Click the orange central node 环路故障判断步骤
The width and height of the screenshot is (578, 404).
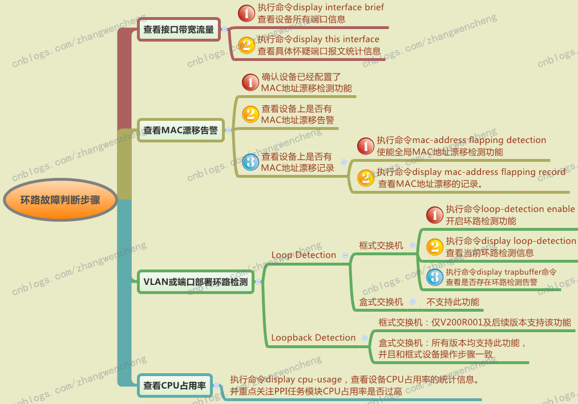(60, 200)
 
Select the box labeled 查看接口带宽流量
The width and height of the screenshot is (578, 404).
(179, 30)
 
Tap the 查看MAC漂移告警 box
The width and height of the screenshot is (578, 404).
(181, 130)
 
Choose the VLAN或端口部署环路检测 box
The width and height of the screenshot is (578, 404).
(195, 281)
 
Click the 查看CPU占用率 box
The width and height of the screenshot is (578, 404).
(175, 385)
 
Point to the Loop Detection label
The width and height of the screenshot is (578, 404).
(304, 255)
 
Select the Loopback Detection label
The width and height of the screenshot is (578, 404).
(313, 337)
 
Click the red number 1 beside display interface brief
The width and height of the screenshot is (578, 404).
(246, 13)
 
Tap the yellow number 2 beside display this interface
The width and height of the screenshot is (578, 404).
(246, 45)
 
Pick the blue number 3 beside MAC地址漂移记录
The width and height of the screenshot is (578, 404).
(250, 162)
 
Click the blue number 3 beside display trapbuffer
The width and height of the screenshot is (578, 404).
(435, 277)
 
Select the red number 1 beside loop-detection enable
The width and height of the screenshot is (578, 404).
(435, 215)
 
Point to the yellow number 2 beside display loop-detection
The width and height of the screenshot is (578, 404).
(435, 247)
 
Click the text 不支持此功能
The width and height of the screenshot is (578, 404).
(452, 302)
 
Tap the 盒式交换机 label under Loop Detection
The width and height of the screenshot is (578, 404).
(381, 302)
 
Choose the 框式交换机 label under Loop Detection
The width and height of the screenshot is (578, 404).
(381, 245)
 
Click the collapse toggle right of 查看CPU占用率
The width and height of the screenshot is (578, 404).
(216, 386)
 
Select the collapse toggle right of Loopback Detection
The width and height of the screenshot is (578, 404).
(365, 338)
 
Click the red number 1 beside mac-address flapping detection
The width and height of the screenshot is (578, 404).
(366, 146)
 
